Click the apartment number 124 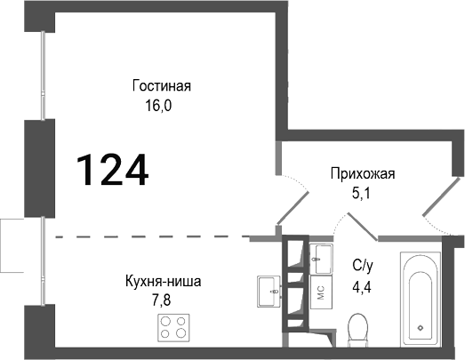coord(111,168)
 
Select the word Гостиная coord(162,86)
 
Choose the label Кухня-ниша coord(163,282)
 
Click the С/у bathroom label coord(363,263)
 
